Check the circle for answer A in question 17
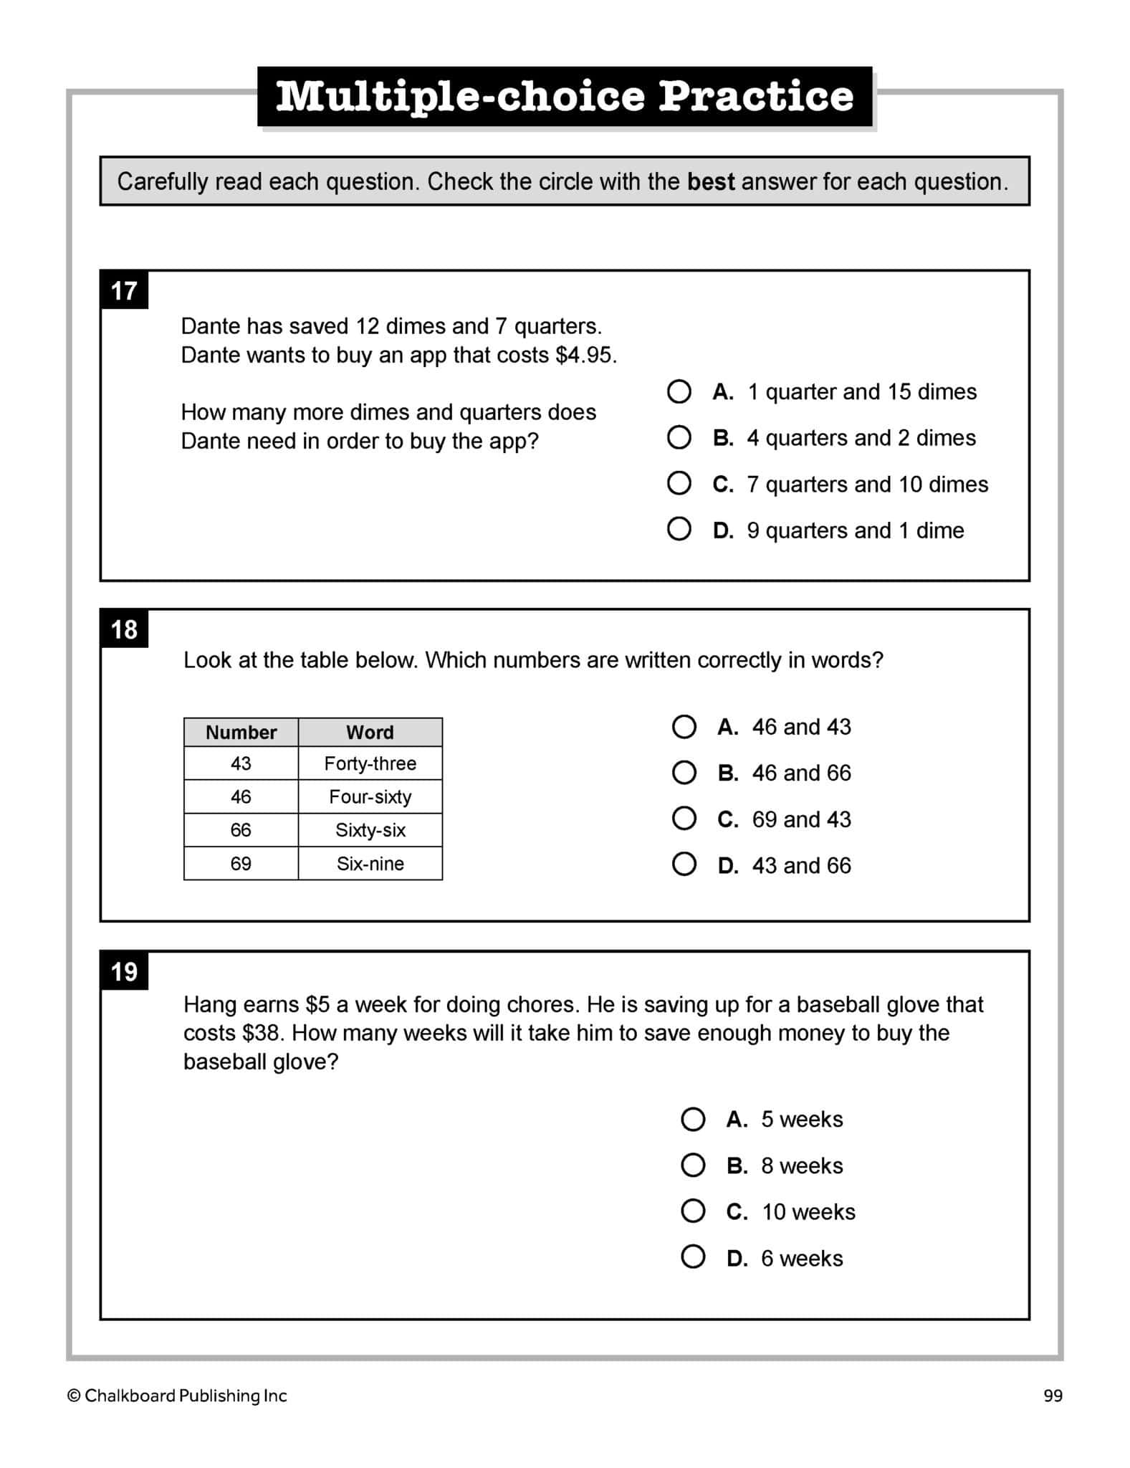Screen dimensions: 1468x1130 [679, 391]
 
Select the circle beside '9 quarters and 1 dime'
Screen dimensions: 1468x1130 [679, 530]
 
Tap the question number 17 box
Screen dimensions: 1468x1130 [124, 291]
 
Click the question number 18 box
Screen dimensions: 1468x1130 [124, 630]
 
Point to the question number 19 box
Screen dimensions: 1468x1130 [124, 972]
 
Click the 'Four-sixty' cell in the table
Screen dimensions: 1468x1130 [370, 796]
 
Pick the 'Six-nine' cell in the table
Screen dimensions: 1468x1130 [370, 863]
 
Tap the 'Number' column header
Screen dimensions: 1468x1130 [241, 732]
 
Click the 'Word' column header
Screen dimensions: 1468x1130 [370, 732]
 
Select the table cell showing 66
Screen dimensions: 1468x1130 [241, 829]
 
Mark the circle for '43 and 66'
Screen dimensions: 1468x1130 [684, 864]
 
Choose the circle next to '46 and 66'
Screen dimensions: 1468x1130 [684, 772]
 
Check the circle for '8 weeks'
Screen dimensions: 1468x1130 [693, 1165]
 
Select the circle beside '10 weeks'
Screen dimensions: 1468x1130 [693, 1211]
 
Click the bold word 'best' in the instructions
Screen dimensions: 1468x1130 [711, 181]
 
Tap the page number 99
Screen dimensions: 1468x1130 [1053, 1395]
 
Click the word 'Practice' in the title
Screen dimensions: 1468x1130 [756, 96]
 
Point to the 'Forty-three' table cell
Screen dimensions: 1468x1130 [370, 763]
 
